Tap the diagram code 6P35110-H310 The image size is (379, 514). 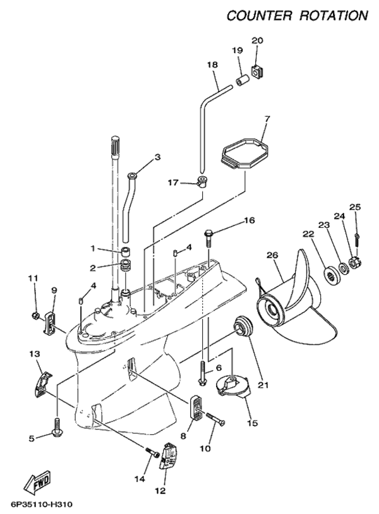coord(42,504)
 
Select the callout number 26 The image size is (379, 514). coord(272,254)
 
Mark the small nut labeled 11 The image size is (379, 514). coord(36,315)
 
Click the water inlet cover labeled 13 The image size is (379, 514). coord(42,384)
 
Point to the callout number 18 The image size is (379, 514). coord(212,64)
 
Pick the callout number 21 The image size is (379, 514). coord(263,385)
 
